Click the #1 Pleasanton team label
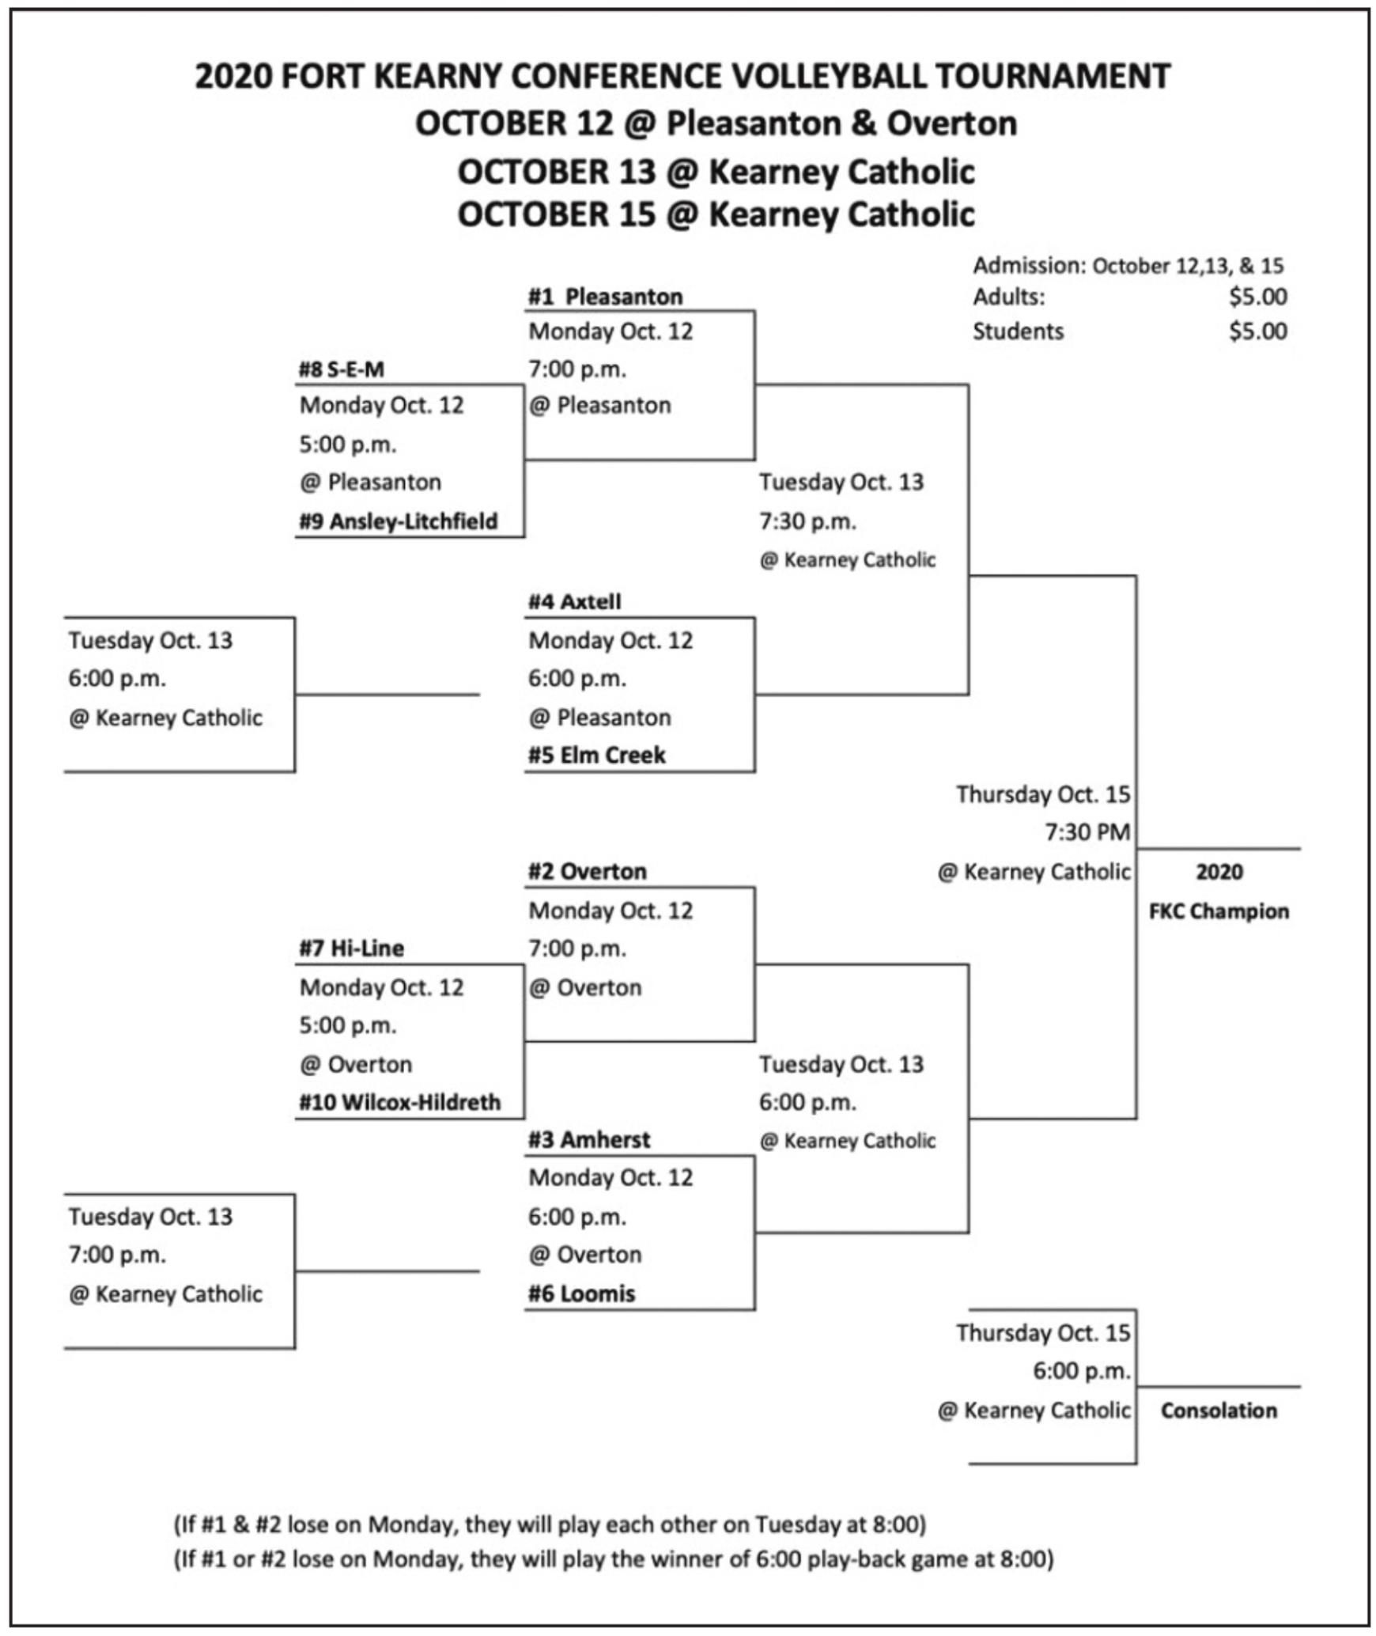(605, 297)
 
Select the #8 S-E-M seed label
(342, 369)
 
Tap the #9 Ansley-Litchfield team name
(399, 521)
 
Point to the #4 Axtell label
(575, 601)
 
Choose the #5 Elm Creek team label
(597, 755)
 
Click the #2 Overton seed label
(588, 871)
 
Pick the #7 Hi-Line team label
(351, 948)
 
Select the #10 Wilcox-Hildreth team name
(400, 1102)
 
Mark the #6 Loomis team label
(582, 1293)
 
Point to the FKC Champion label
(1219, 911)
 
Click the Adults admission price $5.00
(1258, 297)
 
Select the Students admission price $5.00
(1258, 331)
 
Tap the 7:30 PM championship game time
(1088, 832)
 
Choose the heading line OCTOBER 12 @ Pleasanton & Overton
(716, 123)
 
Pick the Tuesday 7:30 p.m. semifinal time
(807, 521)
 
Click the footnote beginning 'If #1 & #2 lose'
(550, 1524)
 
